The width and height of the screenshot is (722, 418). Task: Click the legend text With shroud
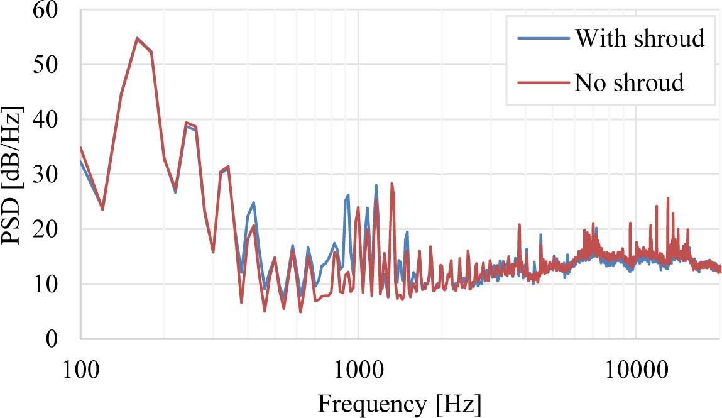point(638,39)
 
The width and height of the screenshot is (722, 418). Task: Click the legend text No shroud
point(628,82)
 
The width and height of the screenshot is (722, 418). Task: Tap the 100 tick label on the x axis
point(80,366)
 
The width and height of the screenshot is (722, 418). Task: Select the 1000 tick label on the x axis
point(358,366)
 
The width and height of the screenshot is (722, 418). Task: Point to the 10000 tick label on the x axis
point(636,366)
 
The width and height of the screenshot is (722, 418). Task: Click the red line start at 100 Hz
point(81,148)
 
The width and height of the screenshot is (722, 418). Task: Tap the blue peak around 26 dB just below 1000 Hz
point(348,195)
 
